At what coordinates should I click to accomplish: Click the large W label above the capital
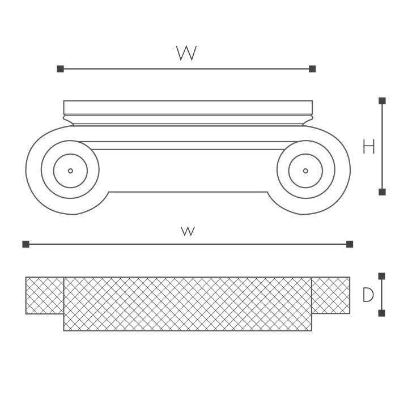click(x=186, y=53)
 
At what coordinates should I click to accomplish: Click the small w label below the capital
click(x=188, y=231)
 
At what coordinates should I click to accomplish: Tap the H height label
click(x=369, y=147)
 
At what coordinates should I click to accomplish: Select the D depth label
click(x=368, y=295)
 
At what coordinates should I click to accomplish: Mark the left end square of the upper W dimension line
click(x=60, y=69)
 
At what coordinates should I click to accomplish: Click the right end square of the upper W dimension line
click(x=312, y=69)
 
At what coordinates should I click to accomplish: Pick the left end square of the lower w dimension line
click(x=25, y=244)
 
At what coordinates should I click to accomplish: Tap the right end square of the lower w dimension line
click(x=350, y=244)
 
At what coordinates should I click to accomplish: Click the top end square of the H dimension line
click(x=382, y=101)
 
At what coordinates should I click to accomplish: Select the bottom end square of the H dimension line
click(x=382, y=192)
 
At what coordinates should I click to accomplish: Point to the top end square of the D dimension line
click(x=382, y=277)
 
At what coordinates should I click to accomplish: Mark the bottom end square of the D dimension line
click(x=382, y=313)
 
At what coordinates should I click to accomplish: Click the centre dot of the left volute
click(x=70, y=171)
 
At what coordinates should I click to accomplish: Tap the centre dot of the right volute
click(x=305, y=171)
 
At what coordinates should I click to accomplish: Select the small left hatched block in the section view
click(x=44, y=295)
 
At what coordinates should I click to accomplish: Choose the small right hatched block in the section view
click(x=331, y=295)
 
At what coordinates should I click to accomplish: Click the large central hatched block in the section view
click(x=188, y=304)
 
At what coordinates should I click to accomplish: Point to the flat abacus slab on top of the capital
click(x=188, y=107)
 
